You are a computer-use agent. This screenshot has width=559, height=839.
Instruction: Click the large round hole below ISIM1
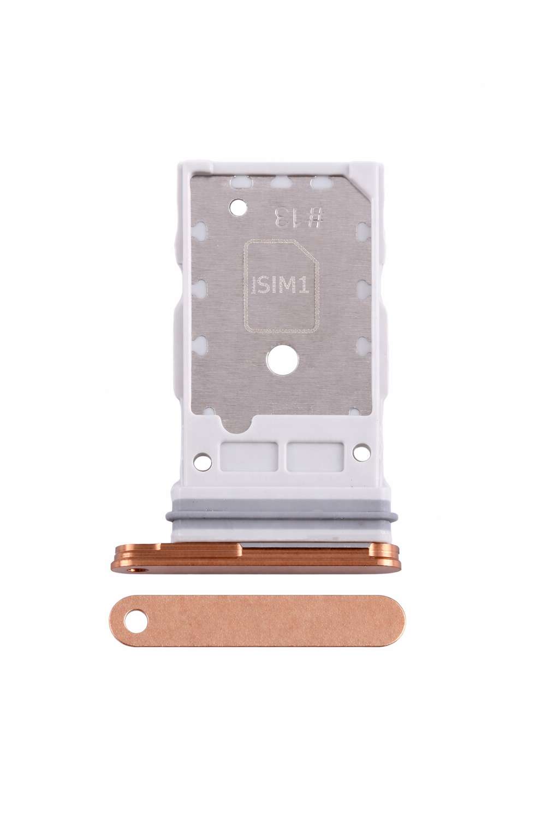click(281, 361)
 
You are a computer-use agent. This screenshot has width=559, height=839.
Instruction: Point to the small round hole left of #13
click(236, 208)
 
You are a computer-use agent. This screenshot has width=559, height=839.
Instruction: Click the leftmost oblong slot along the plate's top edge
click(239, 182)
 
